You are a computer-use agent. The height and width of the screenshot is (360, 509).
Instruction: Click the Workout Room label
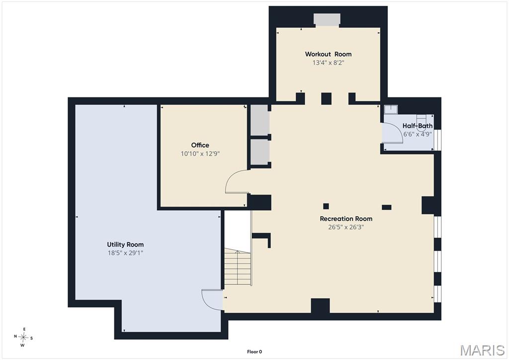click(328, 54)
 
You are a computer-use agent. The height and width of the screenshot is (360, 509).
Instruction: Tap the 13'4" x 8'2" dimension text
click(328, 63)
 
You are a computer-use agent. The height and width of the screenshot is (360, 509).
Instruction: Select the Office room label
click(200, 145)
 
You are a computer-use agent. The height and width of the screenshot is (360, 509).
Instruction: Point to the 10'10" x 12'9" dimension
click(200, 154)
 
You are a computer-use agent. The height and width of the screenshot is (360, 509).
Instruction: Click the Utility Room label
click(125, 245)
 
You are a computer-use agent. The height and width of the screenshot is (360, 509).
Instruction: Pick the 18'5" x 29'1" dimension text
click(125, 253)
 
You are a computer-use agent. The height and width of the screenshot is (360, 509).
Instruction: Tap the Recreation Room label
click(346, 218)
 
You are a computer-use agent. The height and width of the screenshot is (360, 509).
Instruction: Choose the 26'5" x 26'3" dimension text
click(346, 227)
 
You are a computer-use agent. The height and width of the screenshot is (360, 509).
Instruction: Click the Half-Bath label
click(418, 126)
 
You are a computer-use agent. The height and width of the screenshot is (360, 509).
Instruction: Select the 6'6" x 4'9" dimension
click(418, 134)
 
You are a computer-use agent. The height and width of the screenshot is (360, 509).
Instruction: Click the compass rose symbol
click(23, 337)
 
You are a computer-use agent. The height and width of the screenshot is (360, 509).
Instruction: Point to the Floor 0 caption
click(254, 352)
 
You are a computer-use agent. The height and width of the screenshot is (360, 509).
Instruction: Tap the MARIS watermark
click(482, 350)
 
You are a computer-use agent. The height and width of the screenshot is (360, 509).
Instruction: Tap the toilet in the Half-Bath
click(421, 123)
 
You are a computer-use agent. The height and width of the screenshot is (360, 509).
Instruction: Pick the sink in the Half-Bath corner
click(391, 109)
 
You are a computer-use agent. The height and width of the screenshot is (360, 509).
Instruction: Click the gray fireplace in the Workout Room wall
click(327, 20)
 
